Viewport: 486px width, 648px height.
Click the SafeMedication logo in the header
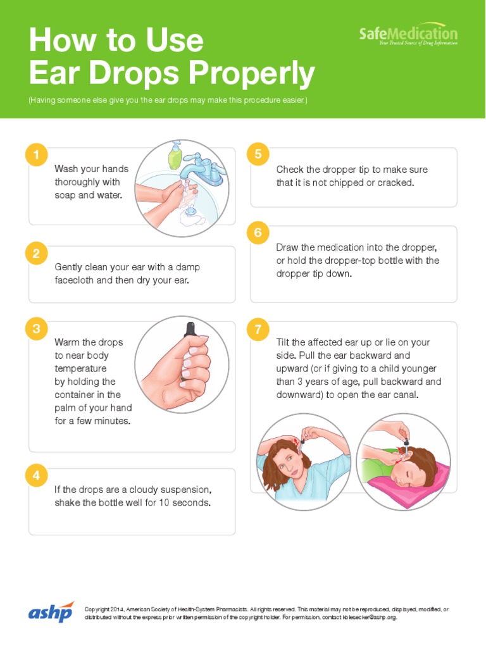tap(408, 35)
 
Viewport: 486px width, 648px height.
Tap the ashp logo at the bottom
tap(51, 613)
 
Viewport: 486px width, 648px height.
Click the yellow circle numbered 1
tap(37, 154)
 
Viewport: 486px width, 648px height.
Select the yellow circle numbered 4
tap(37, 475)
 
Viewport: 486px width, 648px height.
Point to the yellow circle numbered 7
tap(258, 329)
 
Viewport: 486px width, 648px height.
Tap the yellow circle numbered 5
tap(258, 154)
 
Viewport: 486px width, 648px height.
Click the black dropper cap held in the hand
tap(188, 329)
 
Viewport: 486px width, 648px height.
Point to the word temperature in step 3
tap(80, 368)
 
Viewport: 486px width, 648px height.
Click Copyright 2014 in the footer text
tap(105, 609)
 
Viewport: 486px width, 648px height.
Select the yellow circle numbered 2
tap(37, 254)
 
